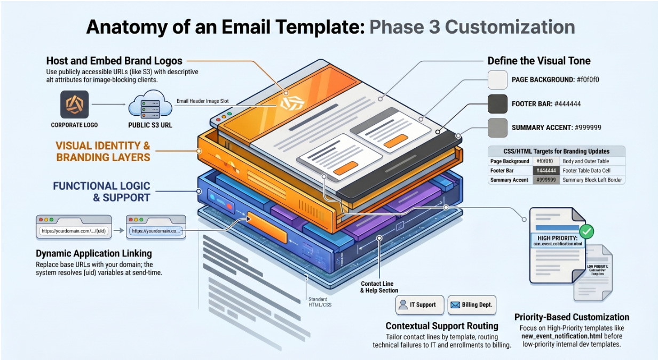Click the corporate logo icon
tap(75, 104)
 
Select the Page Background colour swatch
tap(497, 79)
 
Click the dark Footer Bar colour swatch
tap(497, 103)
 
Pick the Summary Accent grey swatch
tap(497, 127)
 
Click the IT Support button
tap(417, 305)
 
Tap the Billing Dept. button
tap(471, 305)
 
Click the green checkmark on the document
tap(586, 231)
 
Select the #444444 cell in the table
tap(546, 171)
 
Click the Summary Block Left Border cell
tap(592, 180)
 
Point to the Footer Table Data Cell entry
tap(589, 171)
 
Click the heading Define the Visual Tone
tap(539, 61)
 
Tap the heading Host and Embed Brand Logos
tap(114, 61)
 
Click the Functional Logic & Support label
tap(101, 191)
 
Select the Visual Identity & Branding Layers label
tap(103, 151)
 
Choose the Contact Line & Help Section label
tap(379, 287)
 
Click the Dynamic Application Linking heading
tap(94, 253)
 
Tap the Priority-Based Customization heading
tap(572, 317)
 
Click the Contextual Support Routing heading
tap(442, 325)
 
